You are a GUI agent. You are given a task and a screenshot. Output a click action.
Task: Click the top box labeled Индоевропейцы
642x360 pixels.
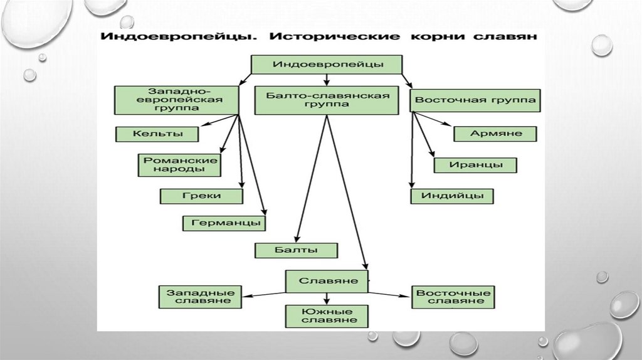coord(326,64)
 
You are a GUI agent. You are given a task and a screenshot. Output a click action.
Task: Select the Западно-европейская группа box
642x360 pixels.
coord(177,99)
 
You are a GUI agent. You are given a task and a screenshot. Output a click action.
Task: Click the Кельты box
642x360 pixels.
coord(157,134)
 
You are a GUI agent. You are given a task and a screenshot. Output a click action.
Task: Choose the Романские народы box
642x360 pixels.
coord(180,165)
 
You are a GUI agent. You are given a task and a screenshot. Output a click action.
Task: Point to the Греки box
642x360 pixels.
coord(202,196)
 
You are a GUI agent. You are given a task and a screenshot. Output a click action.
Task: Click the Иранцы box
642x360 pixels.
coord(475,165)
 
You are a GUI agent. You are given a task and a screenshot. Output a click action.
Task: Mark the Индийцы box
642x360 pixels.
coord(452,196)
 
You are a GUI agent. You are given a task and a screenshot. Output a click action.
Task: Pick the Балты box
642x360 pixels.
coord(296,250)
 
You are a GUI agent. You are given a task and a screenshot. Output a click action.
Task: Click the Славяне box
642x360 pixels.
coord(326,281)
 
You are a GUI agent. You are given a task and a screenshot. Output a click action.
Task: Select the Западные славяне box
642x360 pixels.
coord(201,297)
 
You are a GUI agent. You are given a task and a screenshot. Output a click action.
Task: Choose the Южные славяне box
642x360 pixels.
coord(326,315)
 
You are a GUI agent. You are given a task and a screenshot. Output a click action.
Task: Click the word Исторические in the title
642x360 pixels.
coord(334,36)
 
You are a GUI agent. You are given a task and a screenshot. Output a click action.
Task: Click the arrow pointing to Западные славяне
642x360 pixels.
coord(263,294)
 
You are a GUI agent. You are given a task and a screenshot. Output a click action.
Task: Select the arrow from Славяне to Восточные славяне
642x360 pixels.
coord(389,294)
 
